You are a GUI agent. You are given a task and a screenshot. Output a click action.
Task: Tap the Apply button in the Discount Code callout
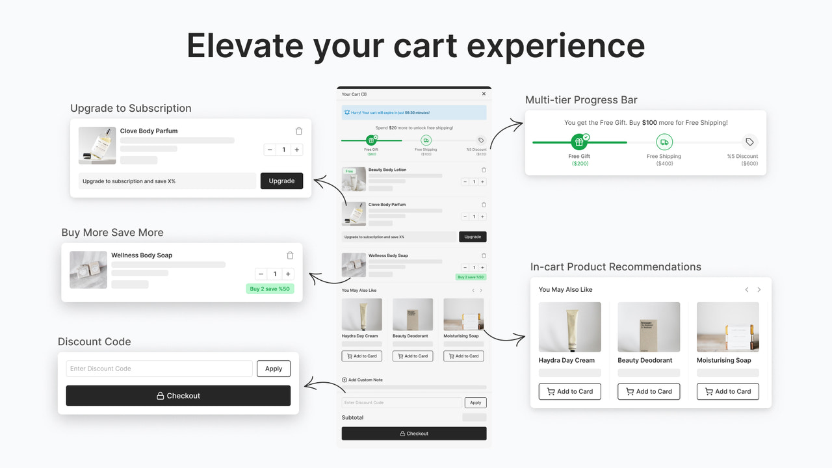(x=274, y=369)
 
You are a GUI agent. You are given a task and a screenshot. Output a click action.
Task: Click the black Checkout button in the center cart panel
(x=414, y=434)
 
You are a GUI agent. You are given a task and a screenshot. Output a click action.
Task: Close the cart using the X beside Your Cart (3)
(x=484, y=94)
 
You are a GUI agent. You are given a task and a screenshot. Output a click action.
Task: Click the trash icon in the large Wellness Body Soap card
(x=290, y=255)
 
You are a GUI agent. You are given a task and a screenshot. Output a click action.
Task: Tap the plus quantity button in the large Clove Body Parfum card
(x=297, y=150)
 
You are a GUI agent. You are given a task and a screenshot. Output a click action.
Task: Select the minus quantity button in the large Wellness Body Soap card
(x=261, y=274)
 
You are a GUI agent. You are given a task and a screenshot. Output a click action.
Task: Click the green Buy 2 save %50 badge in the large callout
(x=270, y=289)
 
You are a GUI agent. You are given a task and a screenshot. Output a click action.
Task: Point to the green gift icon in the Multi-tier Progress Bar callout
(x=578, y=142)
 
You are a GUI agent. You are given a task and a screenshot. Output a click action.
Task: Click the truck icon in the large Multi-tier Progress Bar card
(x=664, y=142)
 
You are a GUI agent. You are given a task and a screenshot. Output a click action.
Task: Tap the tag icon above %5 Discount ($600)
(x=749, y=142)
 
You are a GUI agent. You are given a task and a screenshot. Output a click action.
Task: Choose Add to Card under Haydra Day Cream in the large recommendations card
(x=569, y=391)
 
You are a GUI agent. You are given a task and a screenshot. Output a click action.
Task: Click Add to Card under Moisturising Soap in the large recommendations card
(x=727, y=391)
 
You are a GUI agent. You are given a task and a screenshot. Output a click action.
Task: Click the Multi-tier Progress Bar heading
(x=581, y=100)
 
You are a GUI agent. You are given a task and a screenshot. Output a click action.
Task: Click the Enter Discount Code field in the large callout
(x=159, y=369)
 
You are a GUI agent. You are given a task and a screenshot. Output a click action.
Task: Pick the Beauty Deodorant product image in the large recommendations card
(x=649, y=327)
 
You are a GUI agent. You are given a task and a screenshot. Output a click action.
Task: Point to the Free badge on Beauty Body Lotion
(x=349, y=172)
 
